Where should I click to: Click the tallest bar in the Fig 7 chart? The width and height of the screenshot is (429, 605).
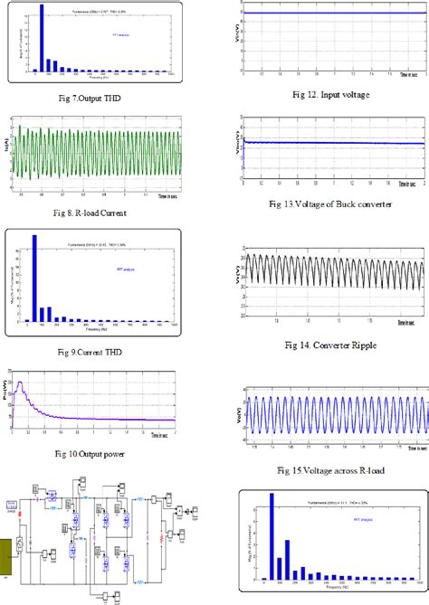click(x=42, y=36)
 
